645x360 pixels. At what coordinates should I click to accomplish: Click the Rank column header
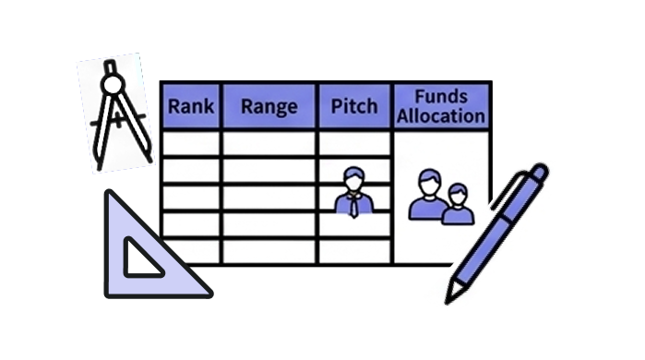(191, 106)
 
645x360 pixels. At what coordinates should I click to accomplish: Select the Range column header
(269, 106)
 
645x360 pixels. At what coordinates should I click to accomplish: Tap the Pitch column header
(354, 106)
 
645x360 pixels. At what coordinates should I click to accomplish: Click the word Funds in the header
(441, 96)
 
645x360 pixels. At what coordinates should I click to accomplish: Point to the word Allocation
(441, 115)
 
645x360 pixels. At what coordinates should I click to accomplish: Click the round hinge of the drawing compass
(113, 85)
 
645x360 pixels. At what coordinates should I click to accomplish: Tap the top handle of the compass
(110, 67)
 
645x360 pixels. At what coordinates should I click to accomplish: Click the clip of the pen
(508, 189)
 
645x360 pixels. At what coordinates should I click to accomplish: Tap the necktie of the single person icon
(353, 207)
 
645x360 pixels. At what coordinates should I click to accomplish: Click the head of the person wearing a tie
(353, 178)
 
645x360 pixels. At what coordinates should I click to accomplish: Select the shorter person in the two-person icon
(458, 204)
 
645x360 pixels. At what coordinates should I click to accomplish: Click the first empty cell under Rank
(191, 144)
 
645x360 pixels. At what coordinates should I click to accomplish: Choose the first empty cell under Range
(269, 144)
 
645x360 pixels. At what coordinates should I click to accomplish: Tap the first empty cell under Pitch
(354, 144)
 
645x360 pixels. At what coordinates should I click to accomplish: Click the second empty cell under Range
(269, 171)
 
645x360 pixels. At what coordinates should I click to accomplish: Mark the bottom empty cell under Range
(269, 251)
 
